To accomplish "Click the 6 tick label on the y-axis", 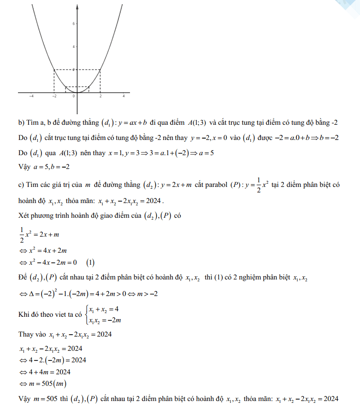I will pyautogui.click(x=74, y=23).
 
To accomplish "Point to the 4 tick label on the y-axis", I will pyautogui.click(x=74, y=47).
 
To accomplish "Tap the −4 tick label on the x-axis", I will pyautogui.click(x=31, y=96).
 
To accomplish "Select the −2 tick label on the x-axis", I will pyautogui.click(x=54, y=96).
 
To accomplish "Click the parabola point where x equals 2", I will pyautogui.click(x=100, y=70).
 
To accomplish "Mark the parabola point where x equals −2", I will pyautogui.click(x=54, y=70).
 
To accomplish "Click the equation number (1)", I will pyautogui.click(x=90, y=263).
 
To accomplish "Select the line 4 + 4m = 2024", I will pyautogui.click(x=48, y=372).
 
